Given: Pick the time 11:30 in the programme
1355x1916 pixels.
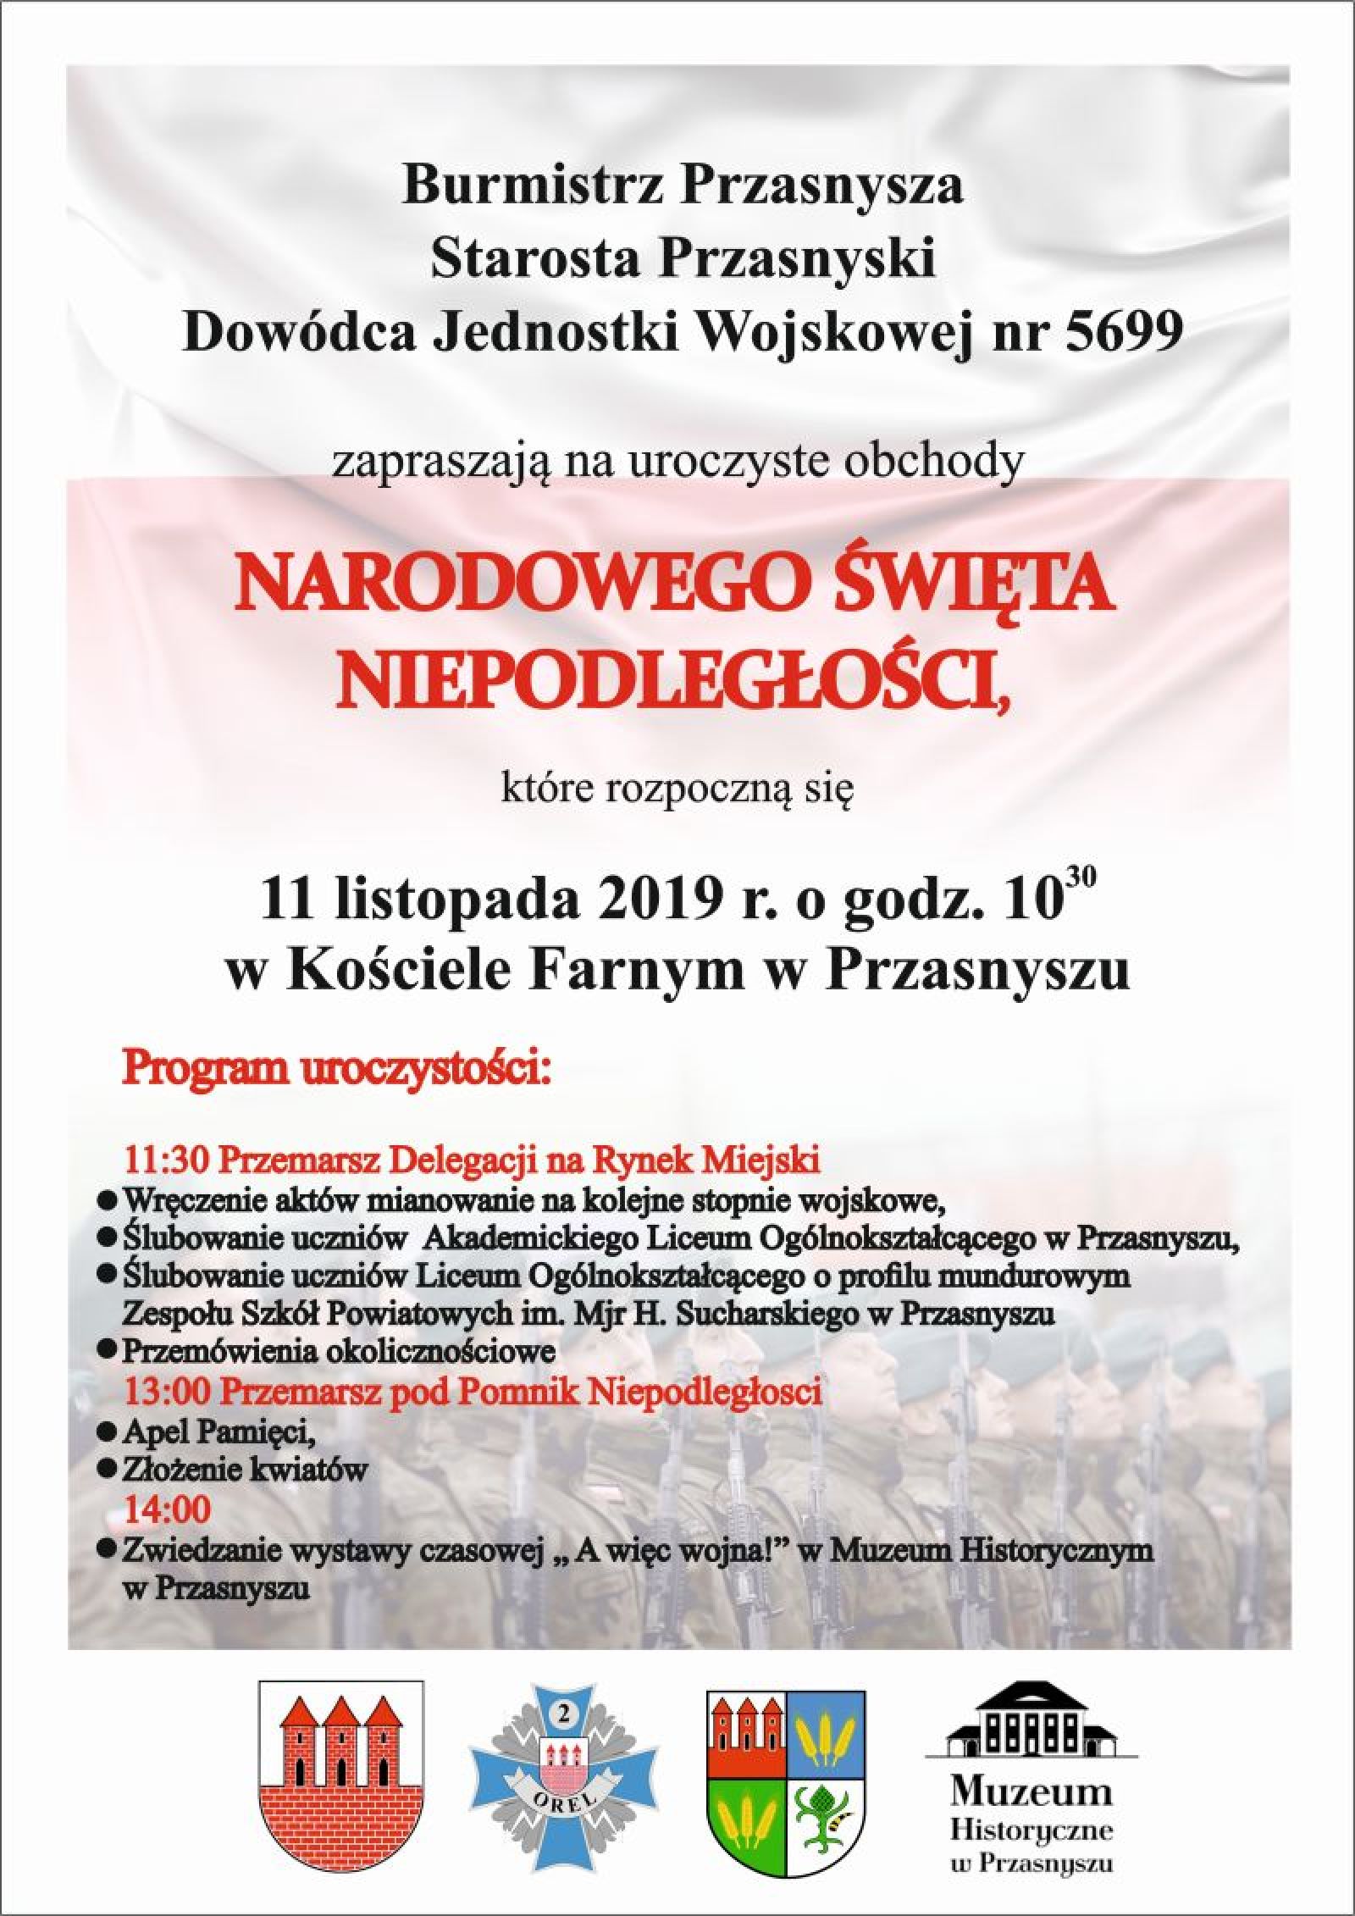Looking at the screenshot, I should pos(168,1160).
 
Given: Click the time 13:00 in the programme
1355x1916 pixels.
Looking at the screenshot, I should pos(168,1392).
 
